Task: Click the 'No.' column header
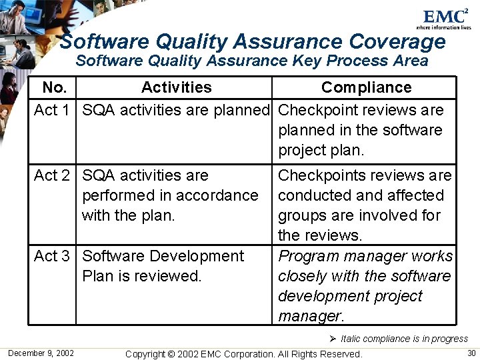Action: [x=54, y=87]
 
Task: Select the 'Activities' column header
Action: [x=176, y=87]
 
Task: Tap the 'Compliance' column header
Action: [x=366, y=87]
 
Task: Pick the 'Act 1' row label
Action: [x=52, y=110]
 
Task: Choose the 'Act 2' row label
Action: [x=52, y=175]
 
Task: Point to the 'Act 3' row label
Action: [x=52, y=256]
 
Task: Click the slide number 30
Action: [x=471, y=353]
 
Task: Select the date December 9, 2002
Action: [x=41, y=353]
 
